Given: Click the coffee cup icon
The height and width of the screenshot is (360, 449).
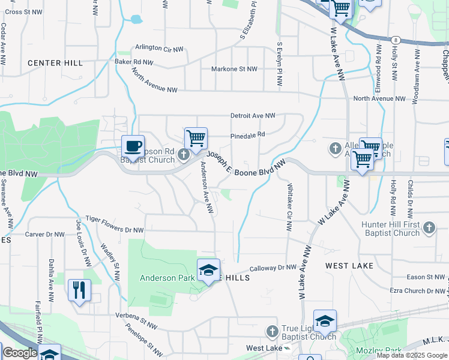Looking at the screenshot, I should coord(133,145).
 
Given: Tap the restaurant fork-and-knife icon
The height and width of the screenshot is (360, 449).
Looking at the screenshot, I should coord(79,290).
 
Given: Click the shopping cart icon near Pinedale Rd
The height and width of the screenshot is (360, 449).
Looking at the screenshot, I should coord(196,138).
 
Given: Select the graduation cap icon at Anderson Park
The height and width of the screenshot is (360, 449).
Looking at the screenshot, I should coord(208,270).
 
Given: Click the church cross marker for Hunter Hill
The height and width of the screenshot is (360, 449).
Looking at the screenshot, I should coord(428,227).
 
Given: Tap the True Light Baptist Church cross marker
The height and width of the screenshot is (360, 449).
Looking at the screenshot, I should coord(272,331).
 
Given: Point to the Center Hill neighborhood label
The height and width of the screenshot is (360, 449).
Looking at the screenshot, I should coord(56,63).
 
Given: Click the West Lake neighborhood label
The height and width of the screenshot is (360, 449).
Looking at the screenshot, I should coord(349,265).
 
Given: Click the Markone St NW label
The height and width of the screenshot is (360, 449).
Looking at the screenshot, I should coord(234,69).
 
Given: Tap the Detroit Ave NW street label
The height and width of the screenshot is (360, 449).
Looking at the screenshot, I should coord(253,115).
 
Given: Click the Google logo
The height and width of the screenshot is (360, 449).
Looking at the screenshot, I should coord(20,353).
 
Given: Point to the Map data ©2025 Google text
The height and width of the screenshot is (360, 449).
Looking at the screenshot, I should coord(411,355).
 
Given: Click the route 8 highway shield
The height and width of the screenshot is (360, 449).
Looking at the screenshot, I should coord(396,39).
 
